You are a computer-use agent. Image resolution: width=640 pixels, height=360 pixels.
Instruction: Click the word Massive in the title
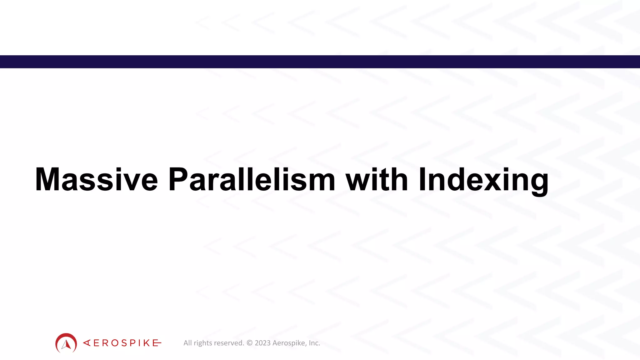click(x=96, y=180)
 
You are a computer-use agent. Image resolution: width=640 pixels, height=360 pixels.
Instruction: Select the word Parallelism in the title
click(x=252, y=180)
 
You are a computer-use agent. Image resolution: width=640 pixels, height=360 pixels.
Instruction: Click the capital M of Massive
click(x=47, y=180)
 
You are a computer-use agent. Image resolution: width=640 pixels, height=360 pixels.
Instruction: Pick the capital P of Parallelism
click(x=177, y=180)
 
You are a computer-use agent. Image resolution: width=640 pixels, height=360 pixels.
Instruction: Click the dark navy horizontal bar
click(x=320, y=62)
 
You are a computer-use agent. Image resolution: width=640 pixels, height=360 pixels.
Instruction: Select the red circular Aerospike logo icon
click(x=66, y=343)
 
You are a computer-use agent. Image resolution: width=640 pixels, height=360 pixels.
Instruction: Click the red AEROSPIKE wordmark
click(x=122, y=343)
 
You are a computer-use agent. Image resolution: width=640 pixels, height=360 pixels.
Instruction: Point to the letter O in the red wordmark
click(x=115, y=343)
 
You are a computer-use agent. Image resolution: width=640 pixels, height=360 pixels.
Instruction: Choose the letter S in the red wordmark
click(x=124, y=343)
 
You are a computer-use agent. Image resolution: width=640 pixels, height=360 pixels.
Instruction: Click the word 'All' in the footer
click(x=187, y=343)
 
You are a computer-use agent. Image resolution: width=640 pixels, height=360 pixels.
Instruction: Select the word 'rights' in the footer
click(x=203, y=343)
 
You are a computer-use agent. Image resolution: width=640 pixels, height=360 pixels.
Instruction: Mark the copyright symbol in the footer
click(x=249, y=343)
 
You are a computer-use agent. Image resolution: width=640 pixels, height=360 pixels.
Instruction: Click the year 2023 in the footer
click(x=262, y=343)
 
